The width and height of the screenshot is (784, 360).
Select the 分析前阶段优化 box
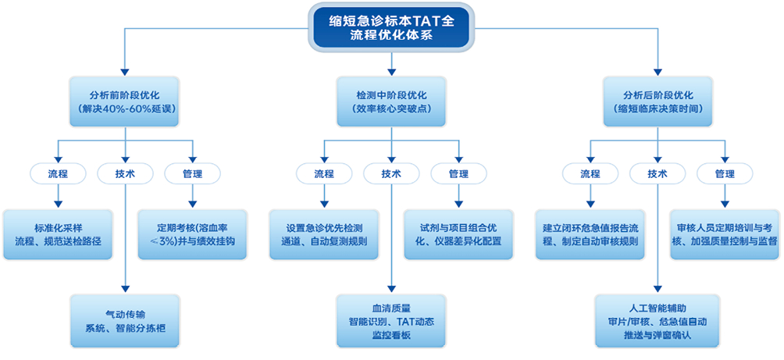pyautogui.click(x=125, y=102)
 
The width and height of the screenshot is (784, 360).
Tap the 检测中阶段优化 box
pyautogui.click(x=391, y=102)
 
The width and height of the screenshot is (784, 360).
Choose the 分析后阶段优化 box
pyautogui.click(x=658, y=102)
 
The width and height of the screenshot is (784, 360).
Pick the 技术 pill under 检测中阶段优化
pyautogui.click(x=391, y=173)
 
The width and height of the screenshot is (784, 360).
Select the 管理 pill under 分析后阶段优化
pyautogui.click(x=725, y=173)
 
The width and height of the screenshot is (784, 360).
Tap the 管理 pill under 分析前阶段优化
pyautogui.click(x=192, y=173)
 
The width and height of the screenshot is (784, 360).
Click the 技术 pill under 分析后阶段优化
pyautogui.click(x=658, y=173)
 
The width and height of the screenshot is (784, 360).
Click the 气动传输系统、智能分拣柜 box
pyautogui.click(x=125, y=320)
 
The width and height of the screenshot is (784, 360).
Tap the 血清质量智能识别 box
pyautogui.click(x=391, y=320)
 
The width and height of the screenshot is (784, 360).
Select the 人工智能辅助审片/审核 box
pyautogui.click(x=658, y=320)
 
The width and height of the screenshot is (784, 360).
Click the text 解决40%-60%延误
pyautogui.click(x=125, y=110)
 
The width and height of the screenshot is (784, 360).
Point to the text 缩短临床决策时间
pyautogui.click(x=658, y=110)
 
